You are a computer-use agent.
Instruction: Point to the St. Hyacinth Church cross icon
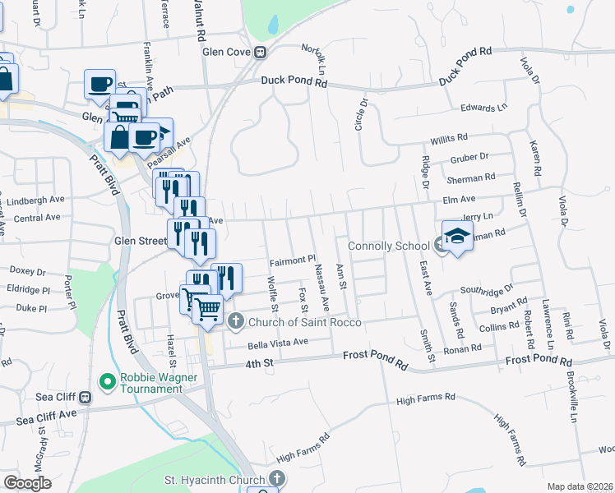click(x=277, y=478)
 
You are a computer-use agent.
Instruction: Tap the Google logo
click(x=27, y=483)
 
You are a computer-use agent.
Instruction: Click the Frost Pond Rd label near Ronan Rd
click(x=538, y=361)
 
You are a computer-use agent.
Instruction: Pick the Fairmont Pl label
click(x=293, y=260)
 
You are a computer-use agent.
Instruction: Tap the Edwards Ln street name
click(x=483, y=108)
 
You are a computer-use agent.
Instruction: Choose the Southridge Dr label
click(x=486, y=290)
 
